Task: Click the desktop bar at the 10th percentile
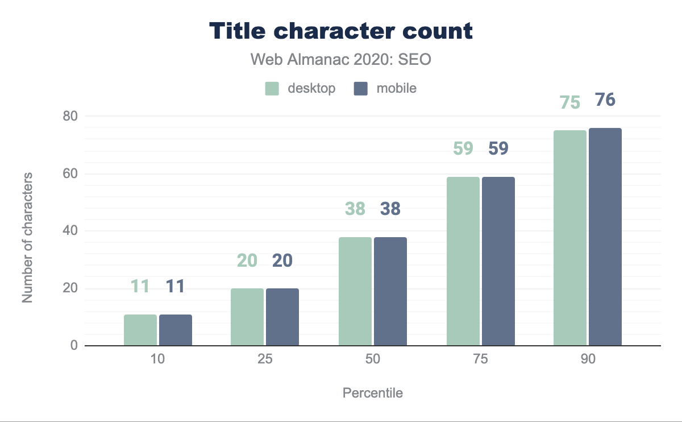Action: (140, 330)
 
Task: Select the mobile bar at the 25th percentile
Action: (282, 317)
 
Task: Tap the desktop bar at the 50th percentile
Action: (355, 291)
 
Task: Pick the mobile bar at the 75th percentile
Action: (498, 261)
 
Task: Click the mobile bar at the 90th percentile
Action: (605, 237)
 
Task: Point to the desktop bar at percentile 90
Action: (570, 238)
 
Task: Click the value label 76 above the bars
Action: (605, 100)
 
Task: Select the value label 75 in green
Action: (569, 102)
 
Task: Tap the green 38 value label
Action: (355, 209)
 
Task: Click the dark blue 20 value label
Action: (282, 260)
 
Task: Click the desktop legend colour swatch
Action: (272, 89)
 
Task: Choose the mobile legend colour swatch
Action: (361, 89)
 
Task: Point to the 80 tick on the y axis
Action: (71, 116)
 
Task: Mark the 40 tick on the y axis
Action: (71, 231)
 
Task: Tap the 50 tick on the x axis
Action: (373, 361)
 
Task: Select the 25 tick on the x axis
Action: (265, 361)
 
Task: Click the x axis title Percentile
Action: (373, 393)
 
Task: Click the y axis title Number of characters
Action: (27, 238)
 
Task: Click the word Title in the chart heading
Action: (239, 31)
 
